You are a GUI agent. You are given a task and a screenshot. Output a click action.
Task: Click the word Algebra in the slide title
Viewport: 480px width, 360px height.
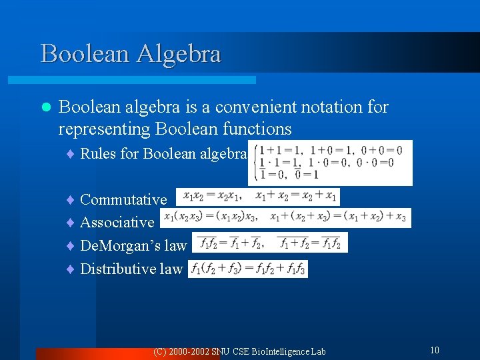tap(178, 54)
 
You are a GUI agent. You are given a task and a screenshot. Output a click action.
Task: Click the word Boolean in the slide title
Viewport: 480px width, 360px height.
tap(85, 54)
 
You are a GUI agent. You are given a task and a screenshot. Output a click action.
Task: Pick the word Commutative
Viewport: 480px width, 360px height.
tap(123, 199)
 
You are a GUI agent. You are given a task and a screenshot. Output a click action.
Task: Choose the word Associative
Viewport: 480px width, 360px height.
tap(117, 222)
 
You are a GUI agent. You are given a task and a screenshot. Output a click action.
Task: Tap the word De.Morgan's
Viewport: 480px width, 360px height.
tap(120, 245)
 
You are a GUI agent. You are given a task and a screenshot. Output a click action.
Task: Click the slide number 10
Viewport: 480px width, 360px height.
tap(434, 350)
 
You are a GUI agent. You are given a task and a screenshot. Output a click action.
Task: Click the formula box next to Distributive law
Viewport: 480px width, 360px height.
tap(248, 269)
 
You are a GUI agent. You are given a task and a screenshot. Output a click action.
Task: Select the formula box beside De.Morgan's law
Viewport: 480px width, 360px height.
tap(270, 243)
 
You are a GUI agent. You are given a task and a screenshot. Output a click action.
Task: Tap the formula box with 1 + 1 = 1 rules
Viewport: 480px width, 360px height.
tap(330, 162)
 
